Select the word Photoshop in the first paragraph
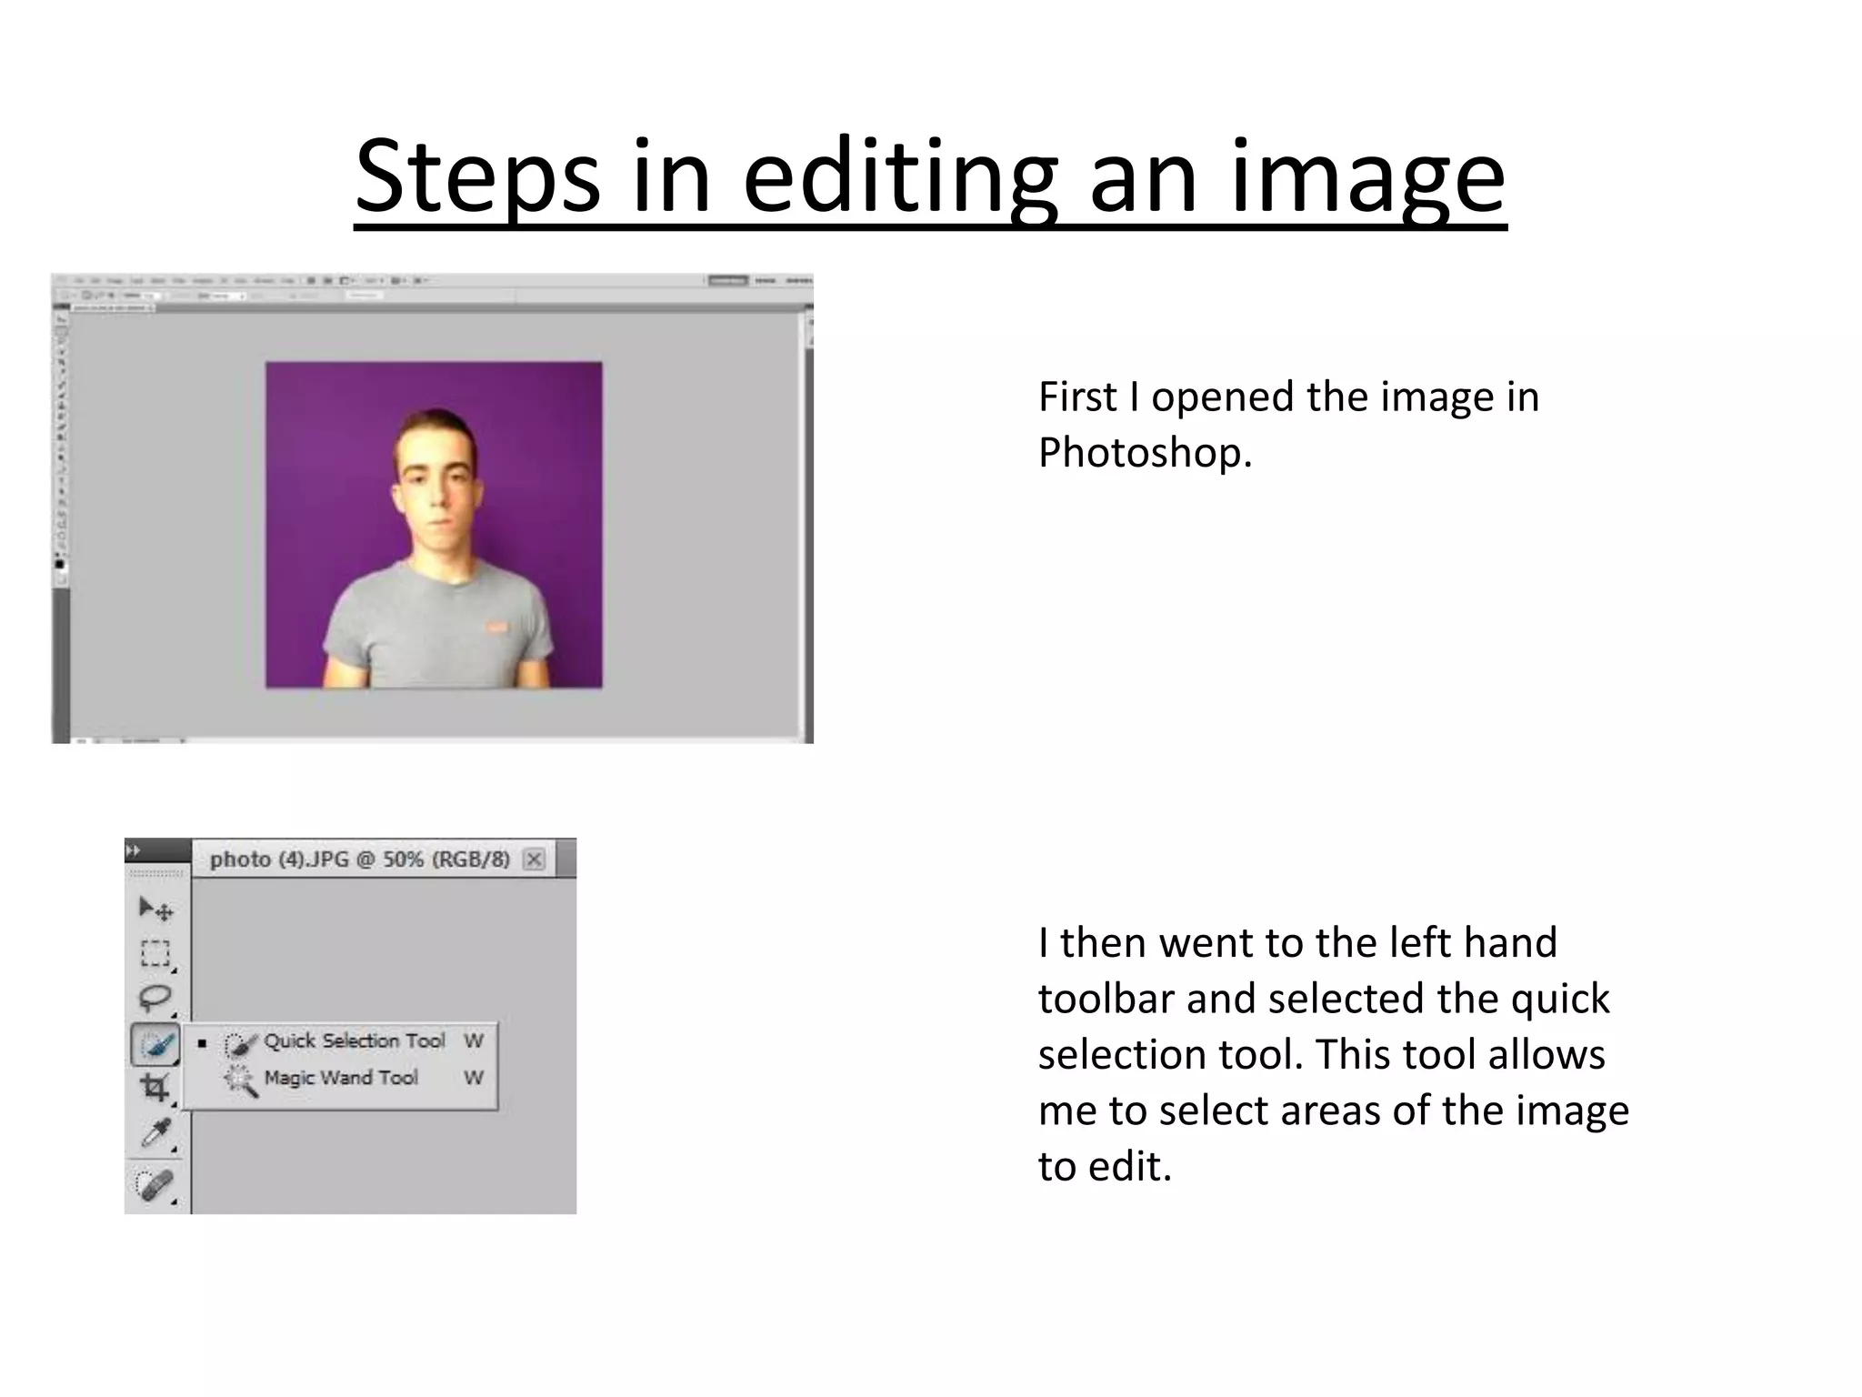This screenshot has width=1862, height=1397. coord(1145,453)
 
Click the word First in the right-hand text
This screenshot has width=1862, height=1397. coord(1077,397)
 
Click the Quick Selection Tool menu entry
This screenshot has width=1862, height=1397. coord(354,1041)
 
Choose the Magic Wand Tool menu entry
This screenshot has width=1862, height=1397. coord(340,1079)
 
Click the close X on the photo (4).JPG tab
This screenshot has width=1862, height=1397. coord(535,859)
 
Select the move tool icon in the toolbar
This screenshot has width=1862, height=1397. coord(155,909)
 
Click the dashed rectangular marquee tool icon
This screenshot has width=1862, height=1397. coord(155,953)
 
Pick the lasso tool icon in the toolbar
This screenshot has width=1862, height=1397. coord(155,998)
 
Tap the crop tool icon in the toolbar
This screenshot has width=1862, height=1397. coord(155,1087)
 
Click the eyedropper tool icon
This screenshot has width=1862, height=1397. coord(155,1132)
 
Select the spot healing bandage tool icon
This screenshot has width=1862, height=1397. coord(155,1184)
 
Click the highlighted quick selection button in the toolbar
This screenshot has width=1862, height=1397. coord(155,1043)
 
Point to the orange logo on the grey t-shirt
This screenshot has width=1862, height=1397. coord(496,627)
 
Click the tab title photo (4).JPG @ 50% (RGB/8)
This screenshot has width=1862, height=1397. coord(359,859)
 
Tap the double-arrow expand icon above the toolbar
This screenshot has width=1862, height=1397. coord(134,850)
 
